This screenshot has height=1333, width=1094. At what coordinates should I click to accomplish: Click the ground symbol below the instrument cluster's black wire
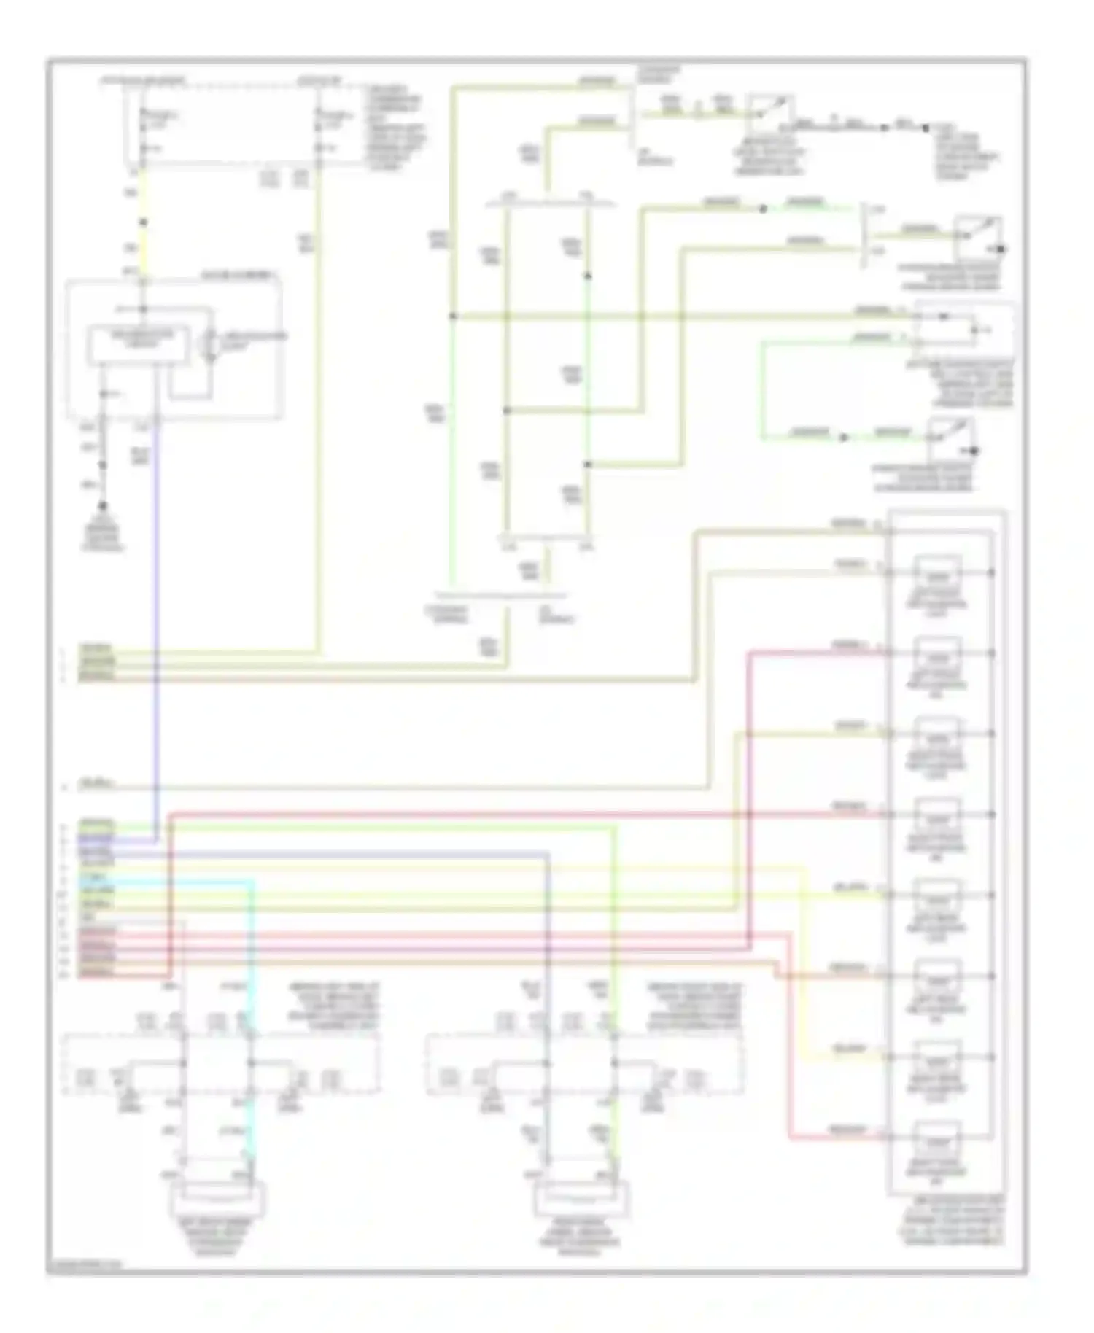103,506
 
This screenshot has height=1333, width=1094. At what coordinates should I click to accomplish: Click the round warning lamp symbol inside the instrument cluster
211,345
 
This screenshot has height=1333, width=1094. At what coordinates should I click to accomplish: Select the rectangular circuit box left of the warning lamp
139,346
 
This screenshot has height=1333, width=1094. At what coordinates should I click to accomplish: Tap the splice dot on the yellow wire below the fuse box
143,222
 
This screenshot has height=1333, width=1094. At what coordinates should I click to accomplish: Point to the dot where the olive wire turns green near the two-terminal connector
763,209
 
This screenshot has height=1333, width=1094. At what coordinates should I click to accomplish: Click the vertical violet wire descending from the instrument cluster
156,620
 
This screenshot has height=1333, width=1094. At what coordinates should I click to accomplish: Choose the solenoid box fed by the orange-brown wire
939,978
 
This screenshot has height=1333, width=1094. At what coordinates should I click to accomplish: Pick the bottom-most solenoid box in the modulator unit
939,1139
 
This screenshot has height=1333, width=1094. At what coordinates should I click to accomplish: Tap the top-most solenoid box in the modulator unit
939,573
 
